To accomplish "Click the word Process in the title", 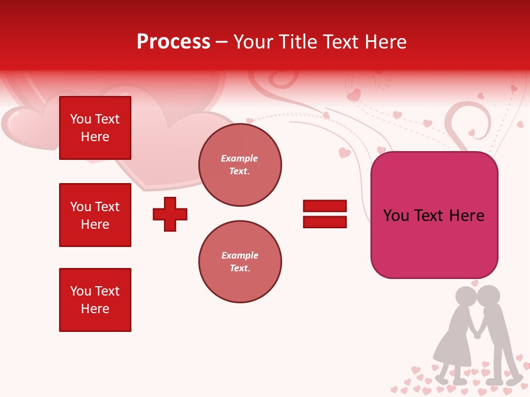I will pos(173,42).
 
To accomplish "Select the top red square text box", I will pos(95,128).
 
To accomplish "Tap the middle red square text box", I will pos(95,215).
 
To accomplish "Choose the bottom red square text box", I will pos(95,300).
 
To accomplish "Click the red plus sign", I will pos(170,214).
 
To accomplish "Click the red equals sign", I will pos(325,214).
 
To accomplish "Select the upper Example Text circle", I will pos(240,165).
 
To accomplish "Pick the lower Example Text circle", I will pos(240,262).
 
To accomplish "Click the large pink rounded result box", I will pos(434,215).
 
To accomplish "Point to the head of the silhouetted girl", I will pos(465,298).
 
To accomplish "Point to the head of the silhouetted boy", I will pos(489,296).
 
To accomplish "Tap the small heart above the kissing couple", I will pos(475,283).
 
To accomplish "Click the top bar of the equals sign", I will pos(325,206).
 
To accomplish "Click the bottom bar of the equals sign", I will pos(325,222).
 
